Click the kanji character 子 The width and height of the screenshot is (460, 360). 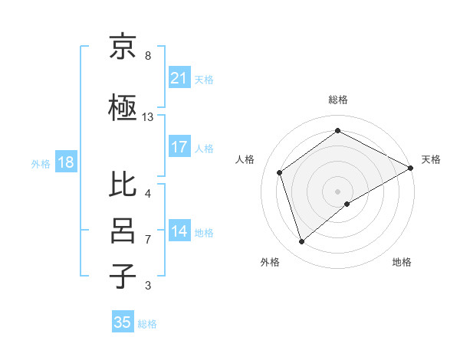(123, 276)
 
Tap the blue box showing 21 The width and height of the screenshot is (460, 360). (179, 77)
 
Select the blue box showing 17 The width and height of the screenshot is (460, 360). (179, 147)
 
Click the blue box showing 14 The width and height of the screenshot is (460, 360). (179, 231)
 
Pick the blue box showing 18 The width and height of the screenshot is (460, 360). (65, 162)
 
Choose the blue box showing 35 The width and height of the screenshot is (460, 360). (123, 322)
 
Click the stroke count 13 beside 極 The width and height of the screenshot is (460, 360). (148, 117)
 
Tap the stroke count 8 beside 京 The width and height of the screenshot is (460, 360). (148, 55)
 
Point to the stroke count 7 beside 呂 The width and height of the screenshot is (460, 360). (148, 240)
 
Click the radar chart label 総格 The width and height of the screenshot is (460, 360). (338, 100)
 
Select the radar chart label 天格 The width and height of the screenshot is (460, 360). (431, 159)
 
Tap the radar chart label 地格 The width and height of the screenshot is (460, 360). (402, 262)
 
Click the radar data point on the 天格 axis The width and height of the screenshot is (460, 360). (412, 168)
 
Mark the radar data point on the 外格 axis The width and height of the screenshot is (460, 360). (301, 242)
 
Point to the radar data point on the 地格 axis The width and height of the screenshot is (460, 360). (347, 204)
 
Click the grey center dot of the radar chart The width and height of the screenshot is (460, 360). (338, 191)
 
